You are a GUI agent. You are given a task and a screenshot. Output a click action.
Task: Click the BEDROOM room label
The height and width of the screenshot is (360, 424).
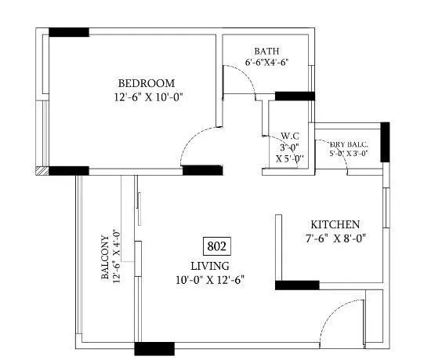147,83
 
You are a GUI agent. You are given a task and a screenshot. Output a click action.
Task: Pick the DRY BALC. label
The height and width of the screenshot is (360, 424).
349,144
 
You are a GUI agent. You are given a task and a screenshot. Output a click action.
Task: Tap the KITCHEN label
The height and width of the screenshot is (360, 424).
335,224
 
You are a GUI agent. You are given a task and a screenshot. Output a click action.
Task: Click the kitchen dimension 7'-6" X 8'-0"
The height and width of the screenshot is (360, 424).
336,238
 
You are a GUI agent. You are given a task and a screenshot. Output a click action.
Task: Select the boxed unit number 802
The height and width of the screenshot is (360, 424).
217,246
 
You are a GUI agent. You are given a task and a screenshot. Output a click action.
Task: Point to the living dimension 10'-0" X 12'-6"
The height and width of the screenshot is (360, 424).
211,279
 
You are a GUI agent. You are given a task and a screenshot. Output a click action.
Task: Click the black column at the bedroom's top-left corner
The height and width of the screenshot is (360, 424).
69,32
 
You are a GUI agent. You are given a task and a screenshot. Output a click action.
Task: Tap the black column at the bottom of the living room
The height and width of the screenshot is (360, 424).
154,349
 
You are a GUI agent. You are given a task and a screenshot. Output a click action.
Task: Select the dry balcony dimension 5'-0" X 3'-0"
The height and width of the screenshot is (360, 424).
349,155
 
